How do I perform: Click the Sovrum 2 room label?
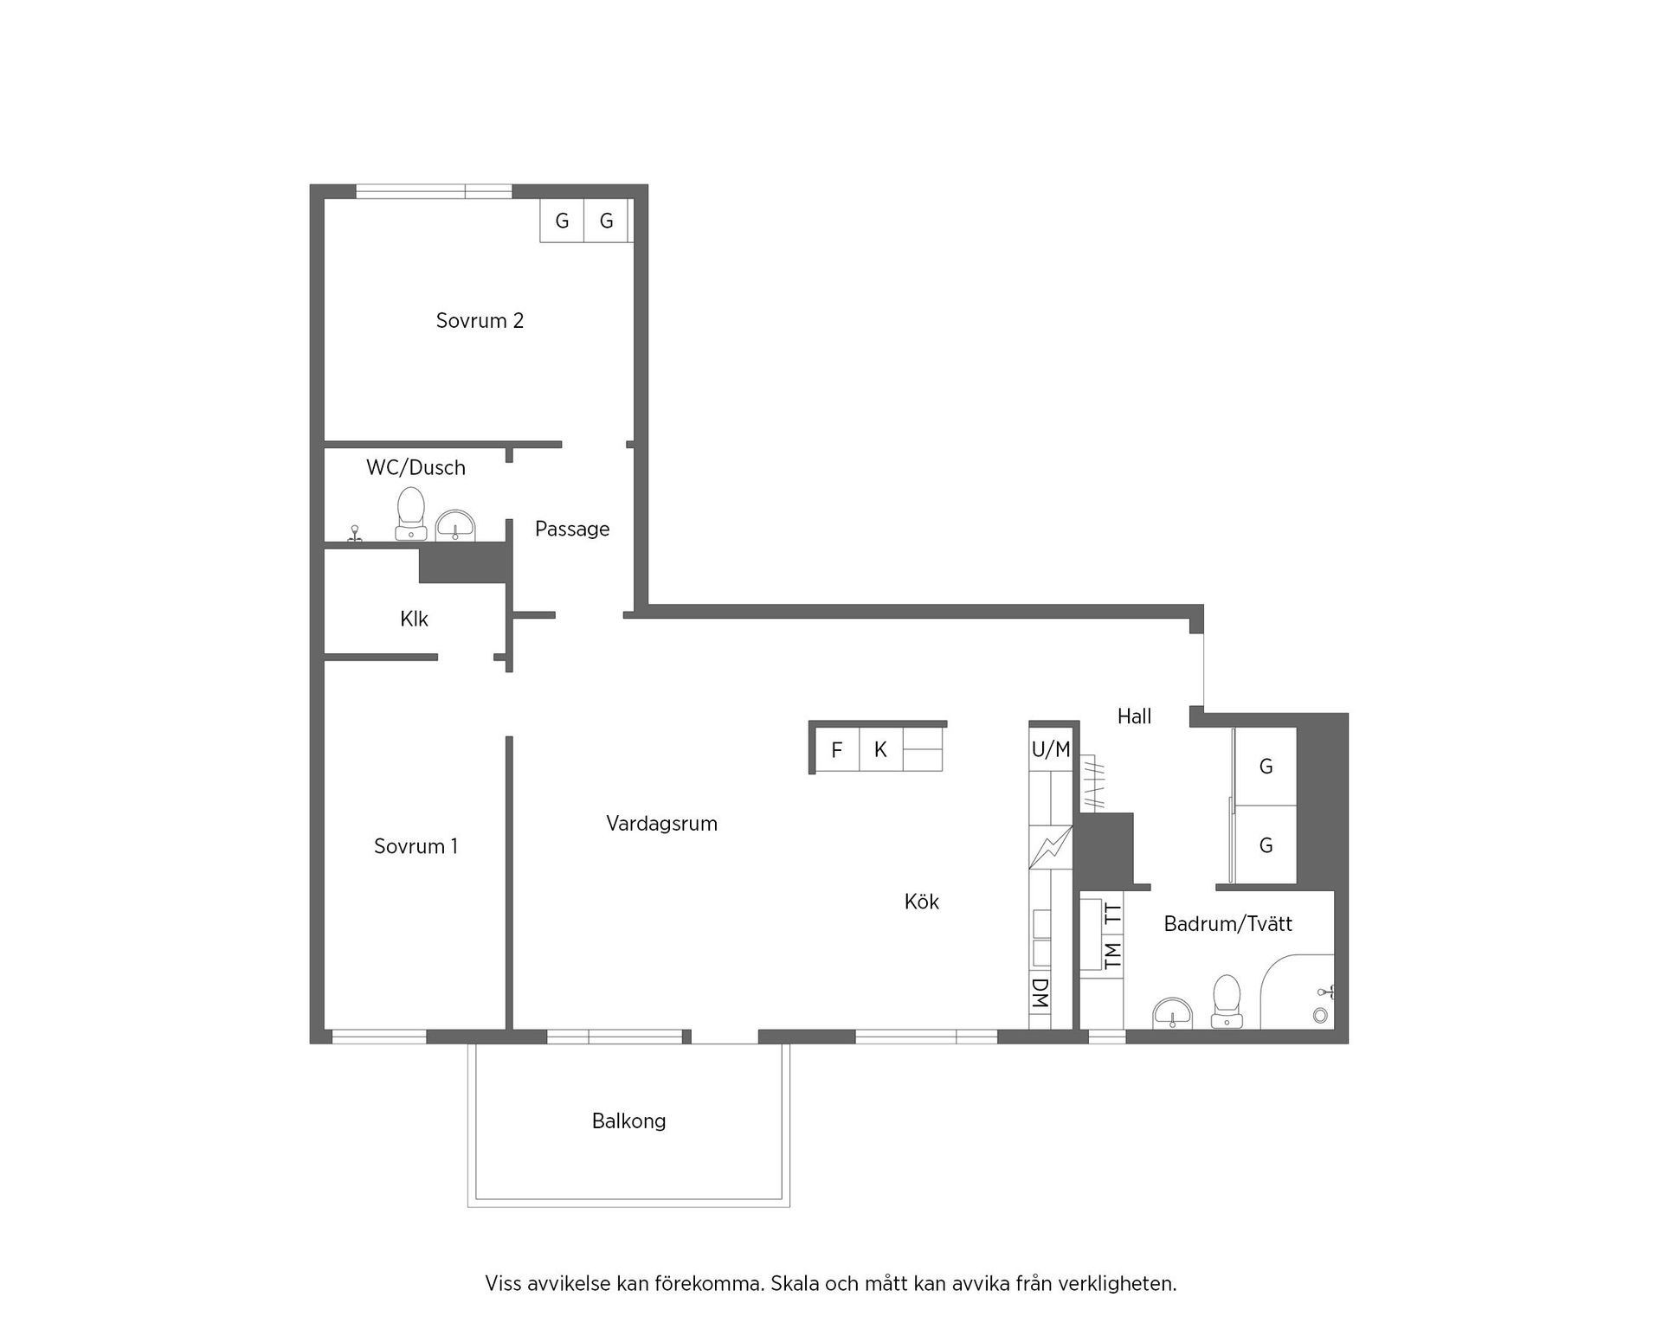480,321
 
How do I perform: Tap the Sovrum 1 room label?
415,846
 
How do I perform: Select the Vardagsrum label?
661,824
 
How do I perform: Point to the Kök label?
921,902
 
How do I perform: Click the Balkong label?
628,1121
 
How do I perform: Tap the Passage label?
571,529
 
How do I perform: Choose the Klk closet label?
414,620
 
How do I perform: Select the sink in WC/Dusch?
455,525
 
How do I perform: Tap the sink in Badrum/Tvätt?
1173,1011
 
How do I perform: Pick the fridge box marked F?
836,750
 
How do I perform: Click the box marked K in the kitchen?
880,750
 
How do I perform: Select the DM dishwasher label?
1040,994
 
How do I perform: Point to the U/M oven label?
1051,750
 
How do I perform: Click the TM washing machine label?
1112,953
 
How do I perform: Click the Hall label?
1134,716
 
